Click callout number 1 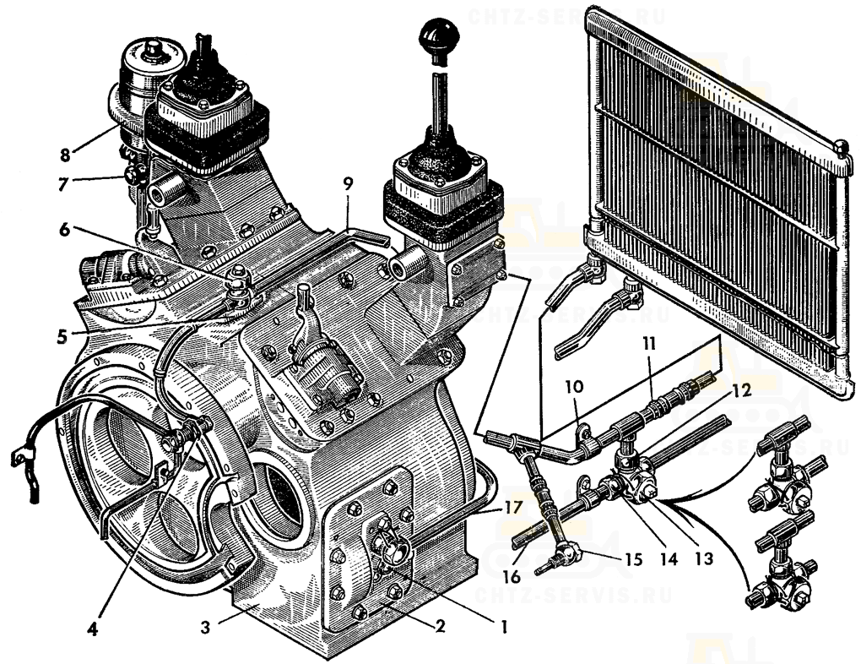click(x=503, y=626)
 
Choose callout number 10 click(x=574, y=386)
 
